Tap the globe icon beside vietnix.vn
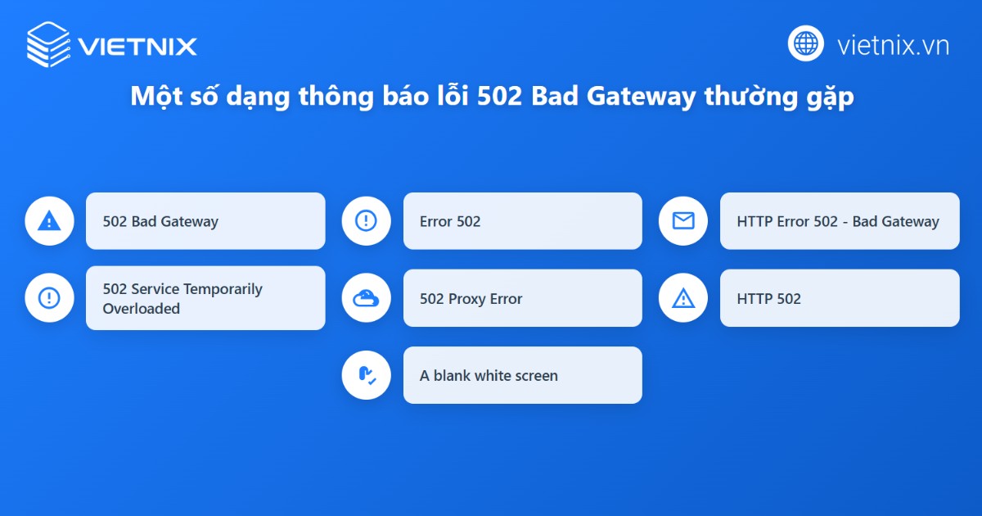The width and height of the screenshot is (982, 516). click(x=805, y=43)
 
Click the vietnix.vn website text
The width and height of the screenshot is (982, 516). click(x=893, y=45)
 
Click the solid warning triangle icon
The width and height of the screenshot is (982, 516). click(x=49, y=220)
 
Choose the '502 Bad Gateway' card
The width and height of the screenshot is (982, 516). click(x=205, y=221)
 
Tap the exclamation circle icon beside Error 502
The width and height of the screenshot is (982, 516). click(x=366, y=220)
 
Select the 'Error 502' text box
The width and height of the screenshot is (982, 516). click(x=522, y=221)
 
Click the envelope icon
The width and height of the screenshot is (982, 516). click(x=682, y=220)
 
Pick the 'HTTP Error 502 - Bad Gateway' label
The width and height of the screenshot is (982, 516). click(x=838, y=221)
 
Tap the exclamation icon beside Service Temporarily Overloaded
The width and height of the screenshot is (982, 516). click(x=49, y=297)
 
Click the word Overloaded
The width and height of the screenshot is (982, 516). click(x=141, y=309)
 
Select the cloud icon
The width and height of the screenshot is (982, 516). click(x=366, y=298)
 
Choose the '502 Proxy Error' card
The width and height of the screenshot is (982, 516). click(x=522, y=298)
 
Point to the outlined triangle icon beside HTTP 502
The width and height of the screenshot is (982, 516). click(x=682, y=298)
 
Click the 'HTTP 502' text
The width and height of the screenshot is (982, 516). click(x=768, y=299)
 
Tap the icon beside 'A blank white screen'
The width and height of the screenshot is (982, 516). click(x=366, y=375)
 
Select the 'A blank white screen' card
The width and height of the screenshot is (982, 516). click(x=522, y=375)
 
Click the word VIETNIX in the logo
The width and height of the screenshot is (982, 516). click(x=137, y=46)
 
